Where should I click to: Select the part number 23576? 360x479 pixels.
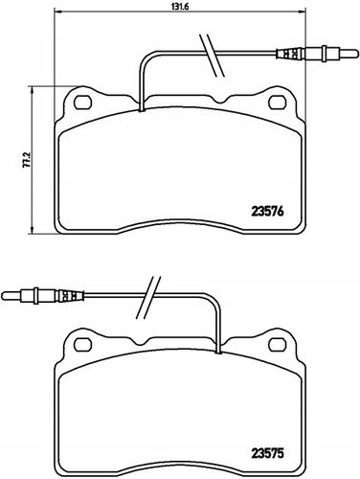(267, 212)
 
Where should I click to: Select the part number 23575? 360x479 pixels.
(267, 454)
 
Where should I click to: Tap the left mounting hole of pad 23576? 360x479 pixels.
(82, 103)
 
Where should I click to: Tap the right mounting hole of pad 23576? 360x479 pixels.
(278, 103)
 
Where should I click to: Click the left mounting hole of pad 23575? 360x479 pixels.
(82, 343)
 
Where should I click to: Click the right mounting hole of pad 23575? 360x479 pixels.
(278, 343)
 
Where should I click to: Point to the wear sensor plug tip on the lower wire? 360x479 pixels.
(2, 295)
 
